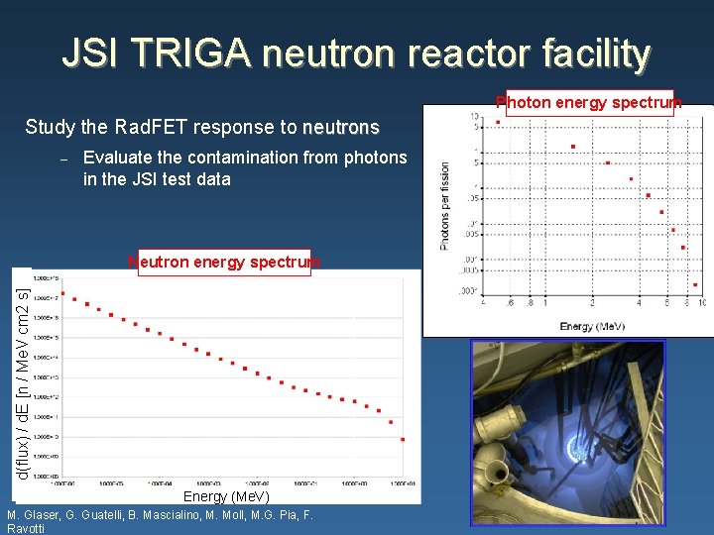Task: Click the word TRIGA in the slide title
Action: click(198, 53)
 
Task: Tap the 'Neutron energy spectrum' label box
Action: click(224, 263)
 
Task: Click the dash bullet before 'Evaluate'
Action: click(62, 159)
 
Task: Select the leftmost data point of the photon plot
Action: click(498, 122)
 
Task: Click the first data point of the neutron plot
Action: click(62, 293)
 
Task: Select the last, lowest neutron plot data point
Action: click(402, 440)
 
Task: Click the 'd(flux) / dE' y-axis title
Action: click(23, 376)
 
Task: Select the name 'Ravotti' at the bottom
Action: click(27, 529)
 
